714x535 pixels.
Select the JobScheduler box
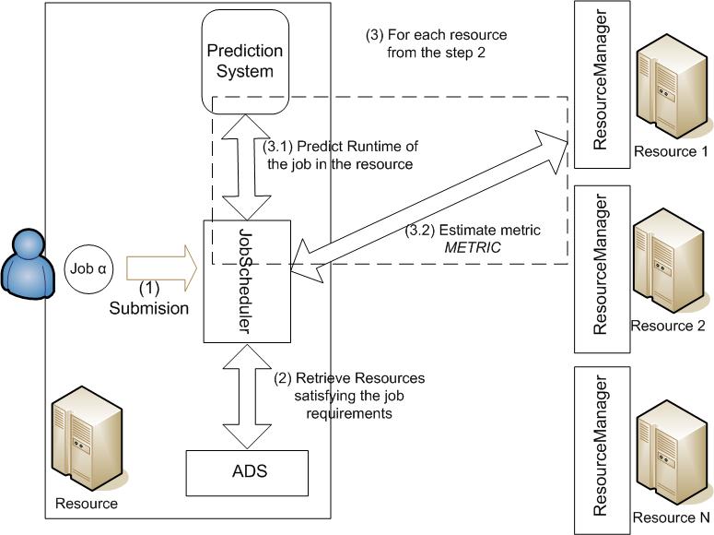[x=247, y=280]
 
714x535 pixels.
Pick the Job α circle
[x=89, y=269]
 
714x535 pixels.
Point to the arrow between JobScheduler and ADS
[x=246, y=396]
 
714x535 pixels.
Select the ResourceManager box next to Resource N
[x=602, y=451]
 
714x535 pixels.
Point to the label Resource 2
[x=667, y=326]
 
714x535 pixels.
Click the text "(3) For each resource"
[x=437, y=35]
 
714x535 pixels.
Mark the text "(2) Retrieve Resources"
[x=349, y=379]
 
